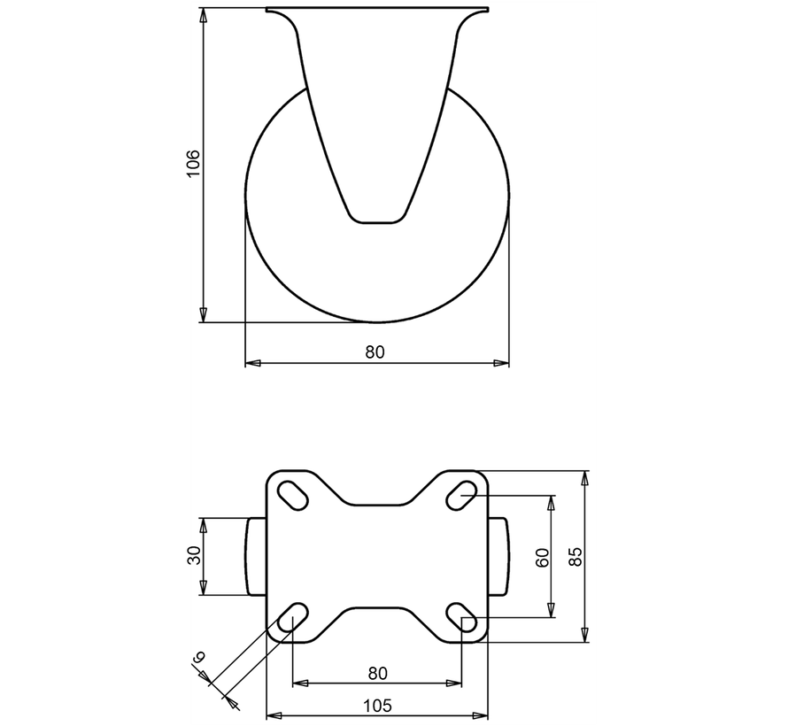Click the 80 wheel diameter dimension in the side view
coord(375,351)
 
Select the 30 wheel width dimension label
coord(194,556)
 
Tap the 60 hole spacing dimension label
coord(542,556)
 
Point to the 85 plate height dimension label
coord(574,556)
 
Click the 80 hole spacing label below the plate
coord(377,673)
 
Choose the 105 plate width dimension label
coord(377,705)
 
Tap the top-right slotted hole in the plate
coord(460,492)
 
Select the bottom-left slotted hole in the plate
coord(293,619)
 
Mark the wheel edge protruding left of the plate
coord(255,556)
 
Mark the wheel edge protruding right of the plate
coord(498,556)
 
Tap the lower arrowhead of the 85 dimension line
coord(584,635)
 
